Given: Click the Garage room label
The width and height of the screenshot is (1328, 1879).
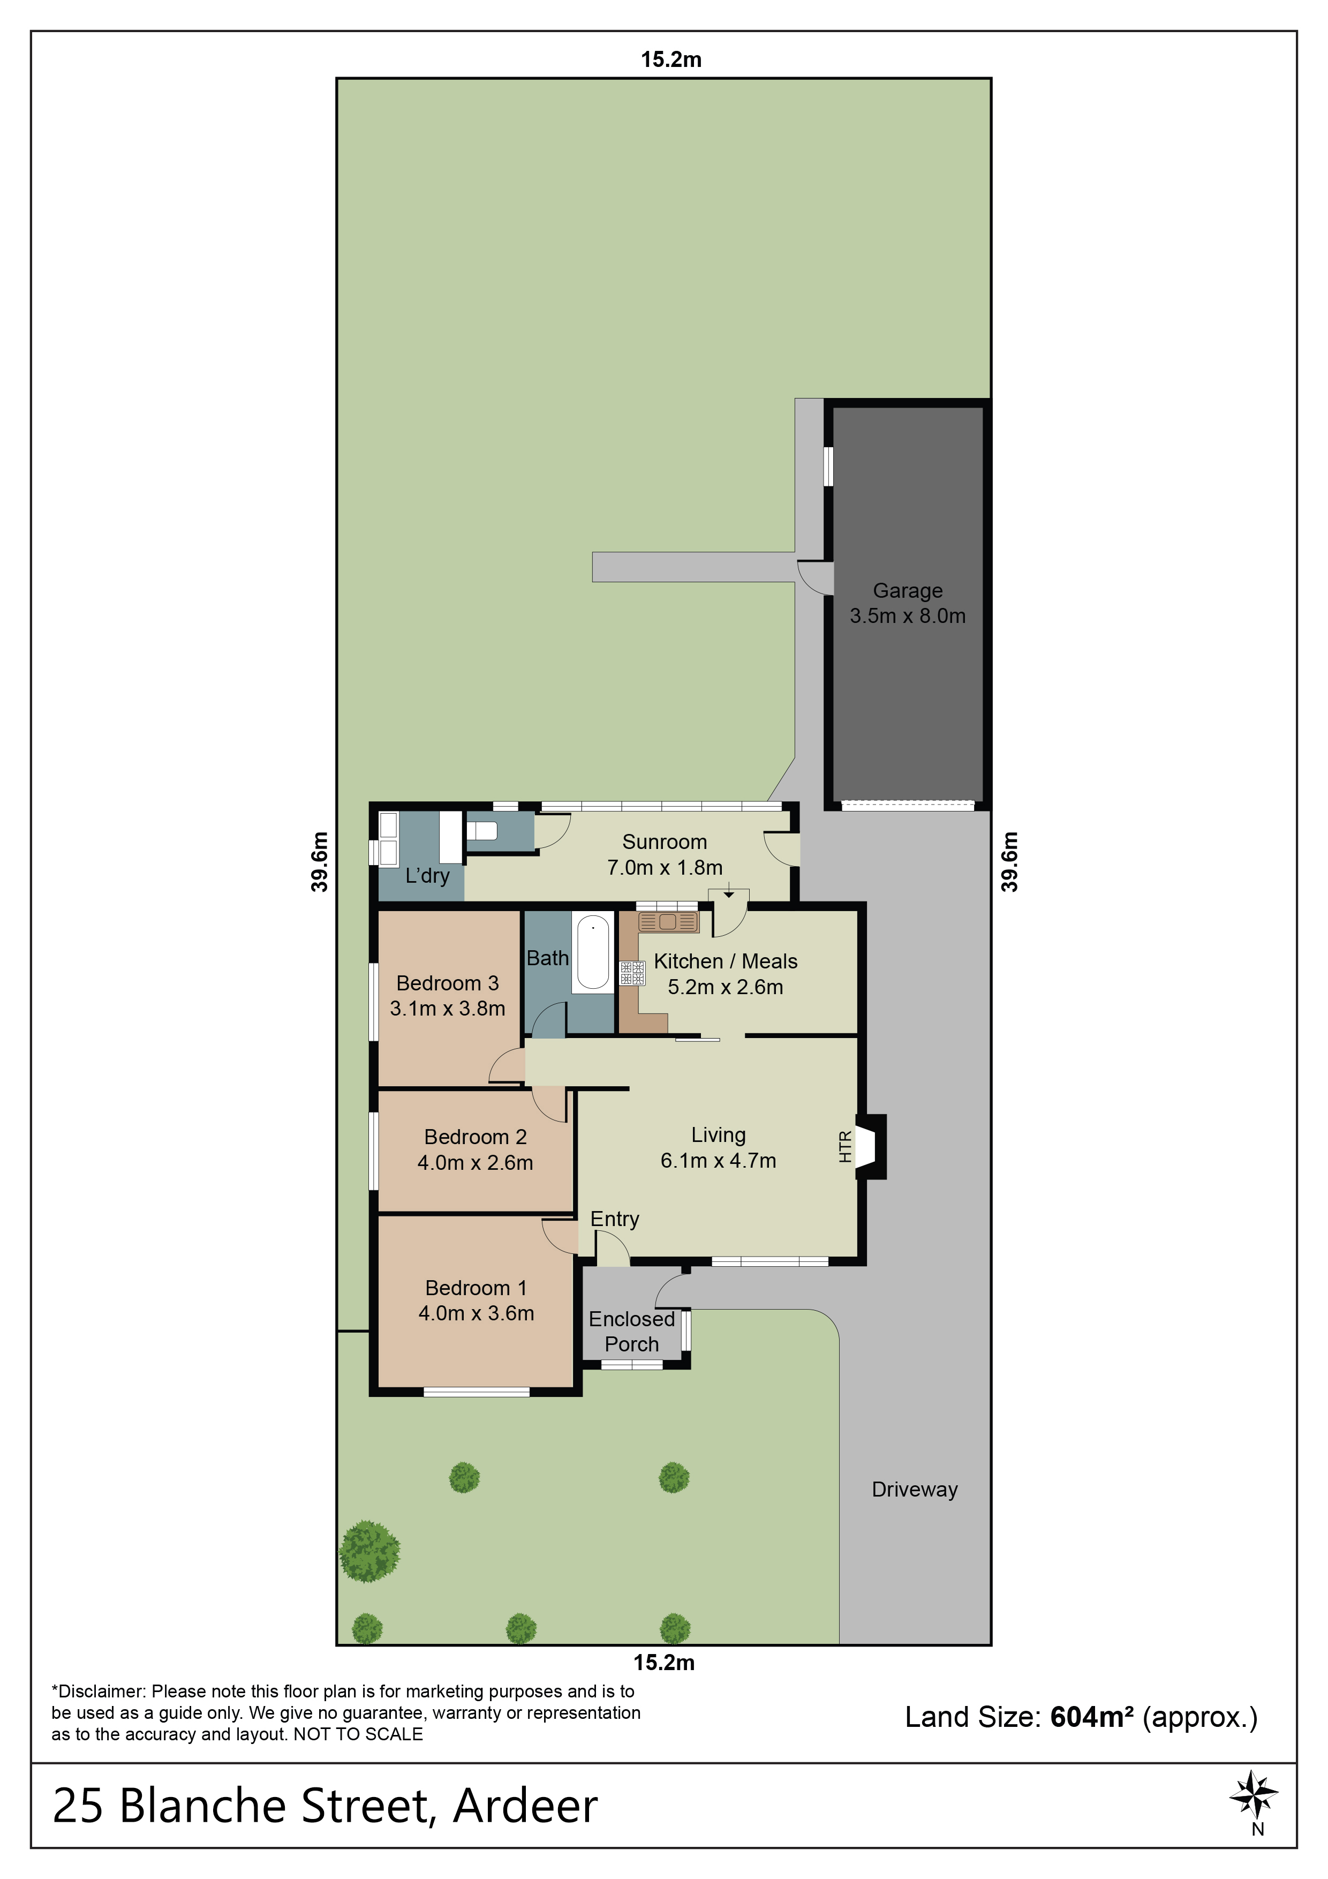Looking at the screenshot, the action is [x=908, y=590].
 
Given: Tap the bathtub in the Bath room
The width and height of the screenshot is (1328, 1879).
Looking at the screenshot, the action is [x=593, y=952].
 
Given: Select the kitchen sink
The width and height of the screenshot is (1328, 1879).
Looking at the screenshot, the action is [x=668, y=922].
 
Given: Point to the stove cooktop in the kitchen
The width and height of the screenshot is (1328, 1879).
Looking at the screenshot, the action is [x=632, y=973].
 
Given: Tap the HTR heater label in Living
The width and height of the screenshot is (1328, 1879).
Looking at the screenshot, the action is [x=845, y=1147].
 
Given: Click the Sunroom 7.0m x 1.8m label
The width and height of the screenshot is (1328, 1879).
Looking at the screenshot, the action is [x=665, y=854].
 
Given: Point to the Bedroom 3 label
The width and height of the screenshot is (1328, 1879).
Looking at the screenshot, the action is [x=448, y=983].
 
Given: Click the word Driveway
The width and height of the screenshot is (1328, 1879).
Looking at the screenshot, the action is [x=915, y=1490].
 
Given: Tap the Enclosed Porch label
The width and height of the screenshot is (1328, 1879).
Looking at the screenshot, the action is [x=632, y=1332].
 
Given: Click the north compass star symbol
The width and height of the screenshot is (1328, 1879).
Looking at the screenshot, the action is [x=1254, y=1795].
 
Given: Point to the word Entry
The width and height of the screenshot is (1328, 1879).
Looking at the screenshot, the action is [x=615, y=1220].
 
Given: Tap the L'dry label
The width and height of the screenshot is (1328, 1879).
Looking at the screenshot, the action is [x=427, y=876].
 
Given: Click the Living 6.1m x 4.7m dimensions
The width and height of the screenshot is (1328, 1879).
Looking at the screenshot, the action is [x=719, y=1161].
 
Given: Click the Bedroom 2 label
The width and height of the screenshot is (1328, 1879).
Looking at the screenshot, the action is [x=476, y=1137].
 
